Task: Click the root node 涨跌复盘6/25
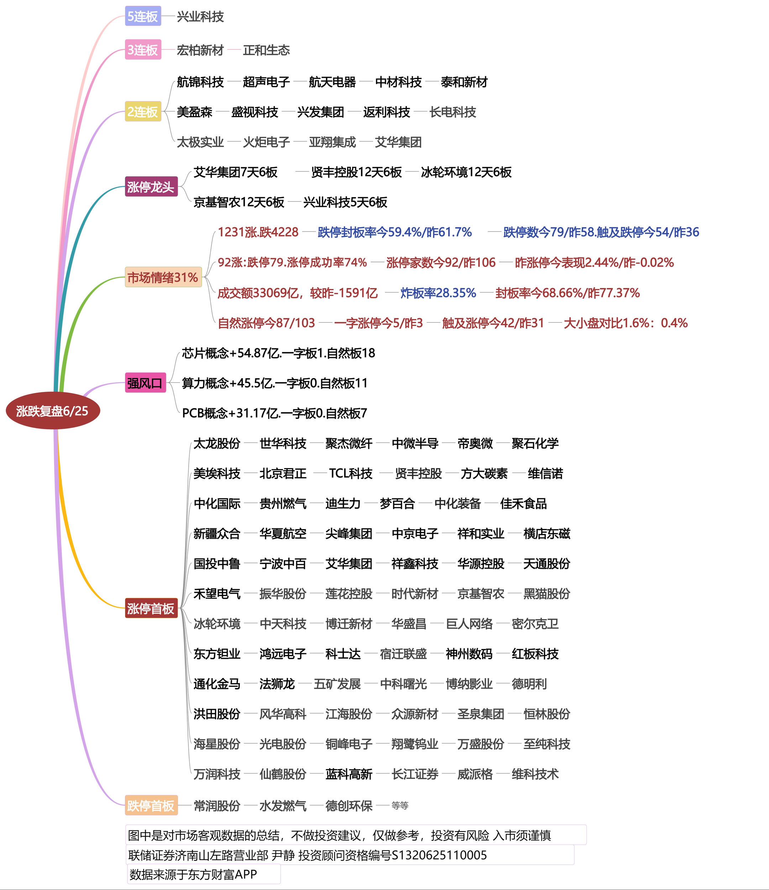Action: coord(53,410)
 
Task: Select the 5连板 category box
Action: coord(143,16)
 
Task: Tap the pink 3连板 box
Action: coord(143,49)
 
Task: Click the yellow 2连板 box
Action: coord(143,112)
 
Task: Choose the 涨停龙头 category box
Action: coord(151,187)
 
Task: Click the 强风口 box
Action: coord(145,382)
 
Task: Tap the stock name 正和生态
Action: coord(266,50)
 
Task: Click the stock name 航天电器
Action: coord(332,82)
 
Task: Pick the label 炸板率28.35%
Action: coord(438,293)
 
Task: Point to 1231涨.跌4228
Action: coord(258,232)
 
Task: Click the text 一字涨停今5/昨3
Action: coord(378,323)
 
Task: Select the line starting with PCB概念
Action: coord(274,413)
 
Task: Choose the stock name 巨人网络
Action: coord(469,624)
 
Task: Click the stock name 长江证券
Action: coord(414,774)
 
